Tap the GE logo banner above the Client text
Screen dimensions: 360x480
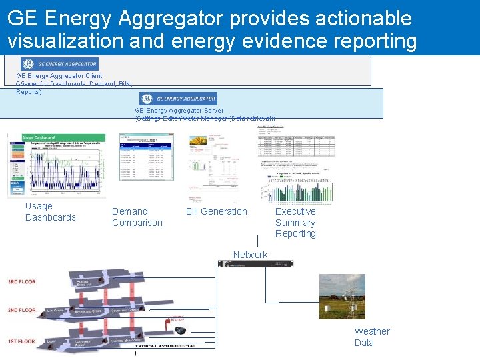pyautogui.click(x=60, y=64)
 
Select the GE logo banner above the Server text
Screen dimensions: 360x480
pyautogui.click(x=177, y=98)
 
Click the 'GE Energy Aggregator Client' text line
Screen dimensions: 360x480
pyautogui.click(x=59, y=76)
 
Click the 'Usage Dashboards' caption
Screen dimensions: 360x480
pyautogui.click(x=51, y=212)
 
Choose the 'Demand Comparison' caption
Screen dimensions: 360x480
pyautogui.click(x=137, y=217)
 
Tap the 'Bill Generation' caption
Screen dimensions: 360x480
pyautogui.click(x=216, y=211)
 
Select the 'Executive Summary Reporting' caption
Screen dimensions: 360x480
pyautogui.click(x=295, y=223)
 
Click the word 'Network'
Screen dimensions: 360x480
pyautogui.click(x=250, y=255)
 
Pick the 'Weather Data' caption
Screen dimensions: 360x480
pyautogui.click(x=371, y=337)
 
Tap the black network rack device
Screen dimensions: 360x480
pyautogui.click(x=255, y=264)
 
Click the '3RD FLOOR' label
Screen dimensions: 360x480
pyautogui.click(x=22, y=282)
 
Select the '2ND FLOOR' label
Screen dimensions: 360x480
pyautogui.click(x=22, y=310)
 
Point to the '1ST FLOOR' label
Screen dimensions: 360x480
pyautogui.click(x=22, y=341)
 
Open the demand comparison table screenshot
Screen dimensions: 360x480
pyautogui.click(x=146, y=157)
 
